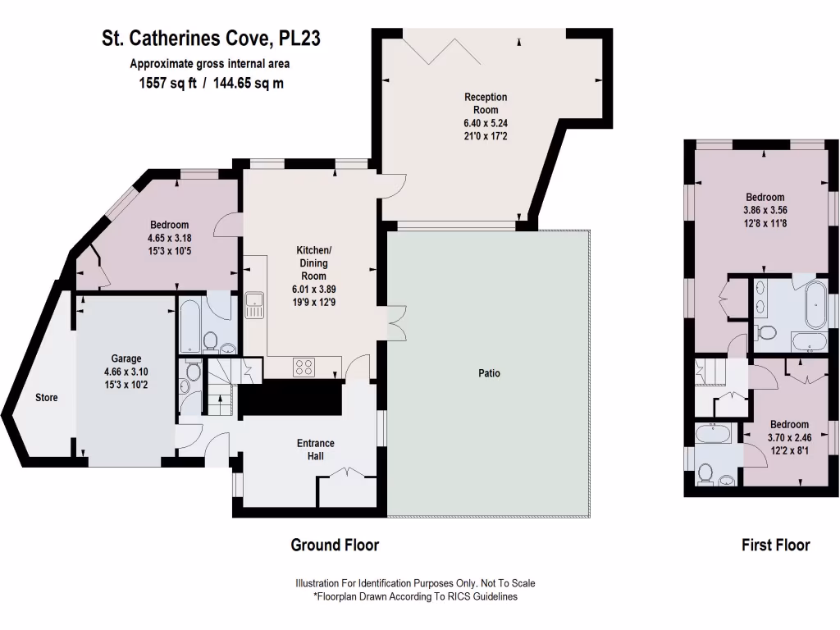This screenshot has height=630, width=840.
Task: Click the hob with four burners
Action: coord(304,367)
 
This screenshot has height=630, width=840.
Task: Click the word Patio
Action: coord(490,373)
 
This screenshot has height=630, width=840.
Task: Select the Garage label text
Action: coord(126,358)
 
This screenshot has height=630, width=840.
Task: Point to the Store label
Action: coord(47,398)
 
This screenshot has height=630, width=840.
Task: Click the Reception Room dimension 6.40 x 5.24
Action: coord(486,123)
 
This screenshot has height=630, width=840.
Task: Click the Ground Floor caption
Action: coord(335,545)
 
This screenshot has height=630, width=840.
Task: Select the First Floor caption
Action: coord(775,545)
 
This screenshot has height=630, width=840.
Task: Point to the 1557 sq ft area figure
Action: coord(167,83)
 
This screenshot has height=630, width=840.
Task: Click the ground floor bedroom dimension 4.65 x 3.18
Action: coord(169,239)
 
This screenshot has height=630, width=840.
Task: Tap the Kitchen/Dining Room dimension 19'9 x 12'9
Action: coord(313,302)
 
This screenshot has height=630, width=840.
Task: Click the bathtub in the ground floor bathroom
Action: coord(189,324)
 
